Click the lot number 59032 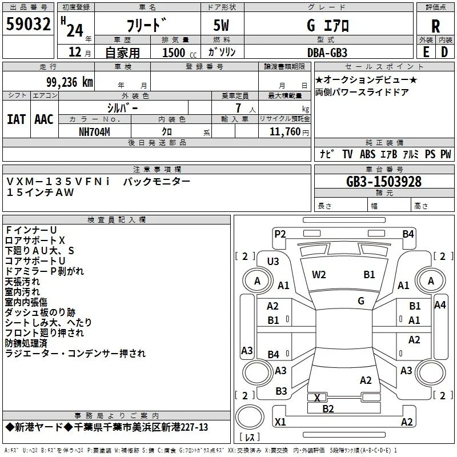click(28, 24)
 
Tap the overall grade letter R click(435, 26)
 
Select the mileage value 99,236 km click(69, 82)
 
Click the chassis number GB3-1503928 click(384, 182)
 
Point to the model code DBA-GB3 click(327, 53)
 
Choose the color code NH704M click(94, 132)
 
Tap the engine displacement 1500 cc click(179, 53)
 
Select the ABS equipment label click(367, 154)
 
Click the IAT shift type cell click(16, 119)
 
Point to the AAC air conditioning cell click(44, 119)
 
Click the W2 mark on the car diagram click(319, 275)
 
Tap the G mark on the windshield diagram click(361, 301)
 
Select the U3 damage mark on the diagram click(273, 262)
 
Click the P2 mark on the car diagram click(280, 234)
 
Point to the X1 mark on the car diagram click(280, 422)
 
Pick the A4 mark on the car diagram click(440, 305)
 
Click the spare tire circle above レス click(250, 417)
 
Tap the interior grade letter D click(444, 52)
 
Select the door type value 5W click(221, 25)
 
